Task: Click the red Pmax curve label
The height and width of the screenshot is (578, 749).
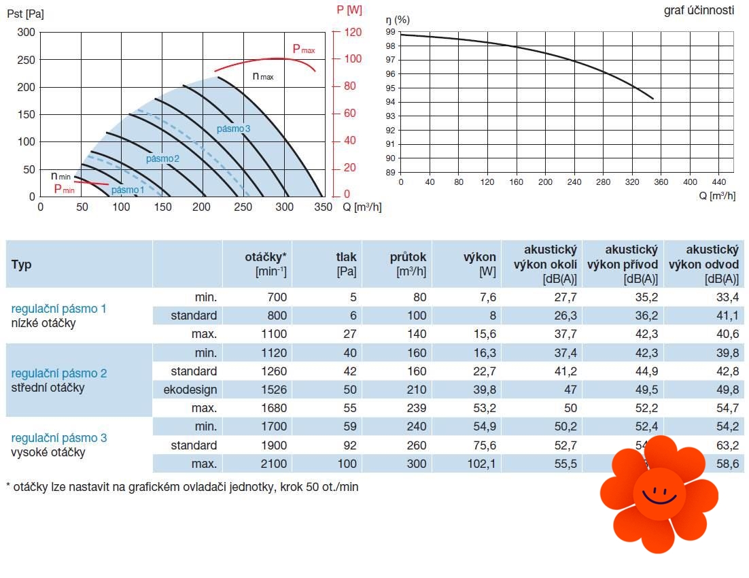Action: click(x=303, y=49)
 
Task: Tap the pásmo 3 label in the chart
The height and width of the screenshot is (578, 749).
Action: click(x=234, y=129)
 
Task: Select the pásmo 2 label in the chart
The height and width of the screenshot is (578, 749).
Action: click(x=162, y=158)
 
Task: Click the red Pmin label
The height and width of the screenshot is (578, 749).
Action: click(x=64, y=189)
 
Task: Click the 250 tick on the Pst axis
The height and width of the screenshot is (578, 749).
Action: click(x=27, y=60)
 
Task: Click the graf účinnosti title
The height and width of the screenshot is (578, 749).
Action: click(x=699, y=11)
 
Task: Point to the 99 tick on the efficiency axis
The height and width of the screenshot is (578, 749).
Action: click(x=390, y=32)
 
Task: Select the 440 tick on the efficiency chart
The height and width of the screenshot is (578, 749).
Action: click(x=718, y=182)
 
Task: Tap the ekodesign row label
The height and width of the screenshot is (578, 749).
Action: click(x=190, y=390)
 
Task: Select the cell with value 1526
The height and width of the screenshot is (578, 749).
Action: click(x=273, y=390)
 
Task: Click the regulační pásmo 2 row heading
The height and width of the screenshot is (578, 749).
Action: click(x=59, y=373)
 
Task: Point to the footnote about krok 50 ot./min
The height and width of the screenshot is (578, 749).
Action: click(x=181, y=488)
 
